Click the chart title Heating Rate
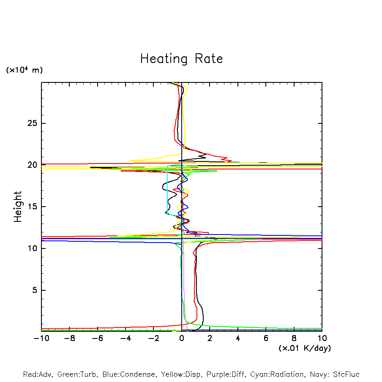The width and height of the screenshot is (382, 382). coord(181,59)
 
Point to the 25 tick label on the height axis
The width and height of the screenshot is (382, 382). coord(33,123)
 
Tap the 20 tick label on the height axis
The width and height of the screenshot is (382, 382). coord(33,165)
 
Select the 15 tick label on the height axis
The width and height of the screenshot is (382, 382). coord(33,207)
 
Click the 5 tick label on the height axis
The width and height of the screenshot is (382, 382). coord(35,290)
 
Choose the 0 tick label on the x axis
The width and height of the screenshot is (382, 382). coord(182,338)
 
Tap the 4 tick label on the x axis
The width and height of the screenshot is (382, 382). coord(238,338)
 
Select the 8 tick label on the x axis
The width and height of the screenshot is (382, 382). coord(294,338)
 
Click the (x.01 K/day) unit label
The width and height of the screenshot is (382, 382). coord(304,348)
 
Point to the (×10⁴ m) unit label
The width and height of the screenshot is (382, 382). coord(24,70)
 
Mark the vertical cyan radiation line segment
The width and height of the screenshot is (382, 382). coord(167,190)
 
